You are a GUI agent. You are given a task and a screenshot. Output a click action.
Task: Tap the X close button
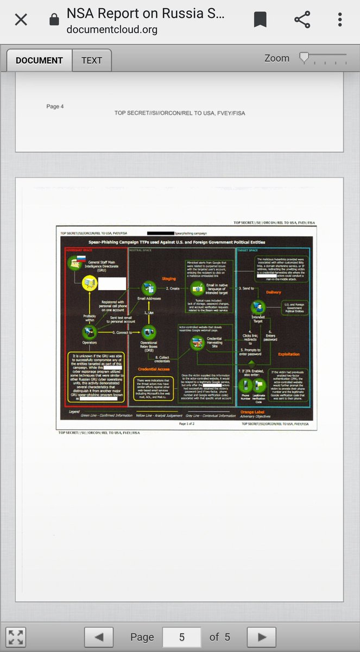pos(21,20)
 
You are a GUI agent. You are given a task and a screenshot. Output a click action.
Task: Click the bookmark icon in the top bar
pos(260,20)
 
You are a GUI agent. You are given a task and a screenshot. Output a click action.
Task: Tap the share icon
pos(301,20)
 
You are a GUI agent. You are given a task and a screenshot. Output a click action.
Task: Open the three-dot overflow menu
pos(340,20)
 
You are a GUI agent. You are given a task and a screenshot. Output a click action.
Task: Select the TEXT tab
pos(92,60)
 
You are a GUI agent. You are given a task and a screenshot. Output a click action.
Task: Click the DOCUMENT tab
pos(39,60)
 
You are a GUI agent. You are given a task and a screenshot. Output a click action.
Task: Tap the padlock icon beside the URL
pos(54,21)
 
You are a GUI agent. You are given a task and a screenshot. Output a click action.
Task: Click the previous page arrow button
pos(99,637)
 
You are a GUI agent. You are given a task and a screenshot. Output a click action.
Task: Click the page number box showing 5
pos(182,637)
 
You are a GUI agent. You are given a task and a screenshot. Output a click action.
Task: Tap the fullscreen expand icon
pos(16,637)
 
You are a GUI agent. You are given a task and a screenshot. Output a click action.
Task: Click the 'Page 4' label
pos(55,106)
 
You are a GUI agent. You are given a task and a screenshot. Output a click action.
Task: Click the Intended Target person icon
pos(257,308)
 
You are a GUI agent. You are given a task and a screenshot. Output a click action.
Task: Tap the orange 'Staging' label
pos(168,279)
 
